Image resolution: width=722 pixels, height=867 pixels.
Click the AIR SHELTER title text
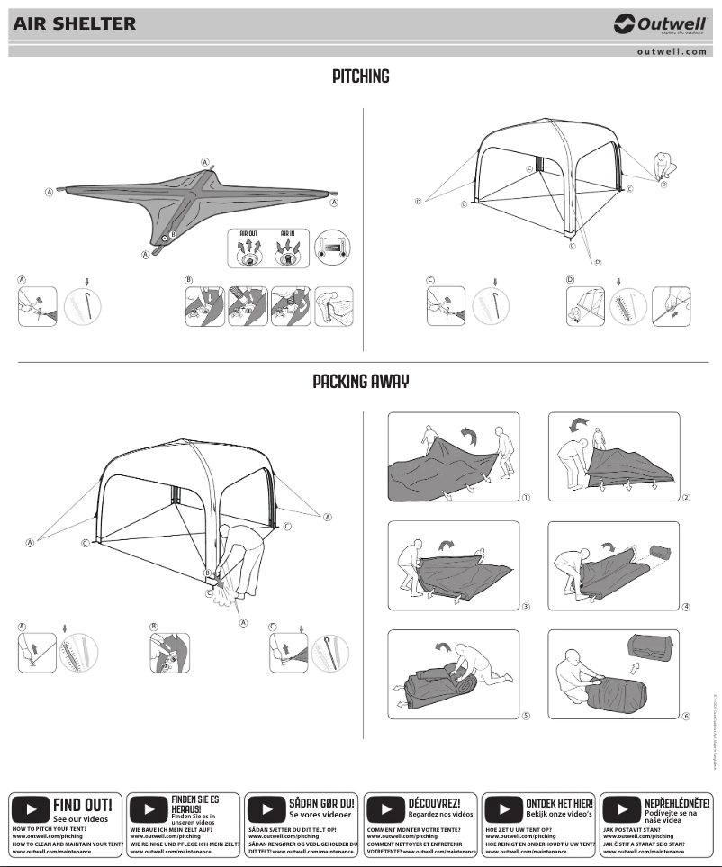[75, 24]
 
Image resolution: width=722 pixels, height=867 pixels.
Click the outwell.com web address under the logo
[671, 51]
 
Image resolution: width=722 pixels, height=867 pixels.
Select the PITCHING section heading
[360, 77]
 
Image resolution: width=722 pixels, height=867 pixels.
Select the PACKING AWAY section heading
[360, 382]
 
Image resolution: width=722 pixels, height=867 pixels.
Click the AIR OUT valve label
[248, 232]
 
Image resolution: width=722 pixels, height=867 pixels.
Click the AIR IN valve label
[289, 232]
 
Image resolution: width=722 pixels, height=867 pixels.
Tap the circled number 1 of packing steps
[525, 497]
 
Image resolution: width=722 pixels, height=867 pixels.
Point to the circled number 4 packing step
[686, 606]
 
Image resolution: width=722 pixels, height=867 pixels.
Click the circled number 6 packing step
[686, 717]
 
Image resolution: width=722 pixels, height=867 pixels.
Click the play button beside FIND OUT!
[30, 808]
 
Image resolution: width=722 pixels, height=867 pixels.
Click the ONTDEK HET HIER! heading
[559, 802]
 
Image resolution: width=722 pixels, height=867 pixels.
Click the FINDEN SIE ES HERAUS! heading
[194, 802]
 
